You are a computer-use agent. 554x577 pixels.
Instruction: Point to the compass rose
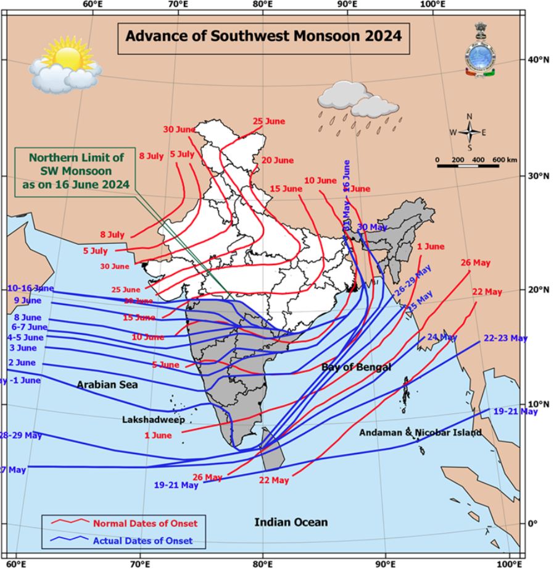[469, 132]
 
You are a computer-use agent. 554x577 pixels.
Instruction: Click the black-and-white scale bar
[468, 166]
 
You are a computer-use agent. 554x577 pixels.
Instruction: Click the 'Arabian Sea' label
[107, 384]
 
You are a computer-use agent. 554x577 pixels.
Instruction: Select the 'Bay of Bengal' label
[356, 367]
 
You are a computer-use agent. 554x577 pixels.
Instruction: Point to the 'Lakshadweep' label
[145, 419]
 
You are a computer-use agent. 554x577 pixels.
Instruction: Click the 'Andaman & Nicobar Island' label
[420, 432]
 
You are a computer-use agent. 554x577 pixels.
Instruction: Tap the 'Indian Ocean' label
[291, 522]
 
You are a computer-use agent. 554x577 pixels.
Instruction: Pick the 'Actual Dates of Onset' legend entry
[143, 541]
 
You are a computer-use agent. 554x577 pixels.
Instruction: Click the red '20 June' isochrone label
[277, 160]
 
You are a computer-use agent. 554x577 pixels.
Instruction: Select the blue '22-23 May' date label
[505, 338]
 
